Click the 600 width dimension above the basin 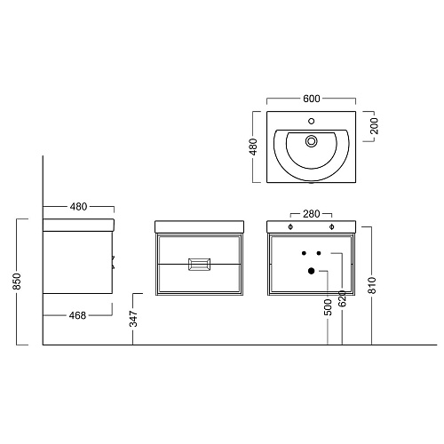coord(312,99)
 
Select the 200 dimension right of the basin coord(374,126)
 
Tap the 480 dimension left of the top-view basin coord(253,147)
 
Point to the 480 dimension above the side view coord(78,207)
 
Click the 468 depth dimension coord(77,315)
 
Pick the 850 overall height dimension coord(17,281)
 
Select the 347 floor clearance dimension coord(134,319)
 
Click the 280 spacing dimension coord(312,214)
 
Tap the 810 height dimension coord(372,285)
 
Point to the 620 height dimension coord(342,298)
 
